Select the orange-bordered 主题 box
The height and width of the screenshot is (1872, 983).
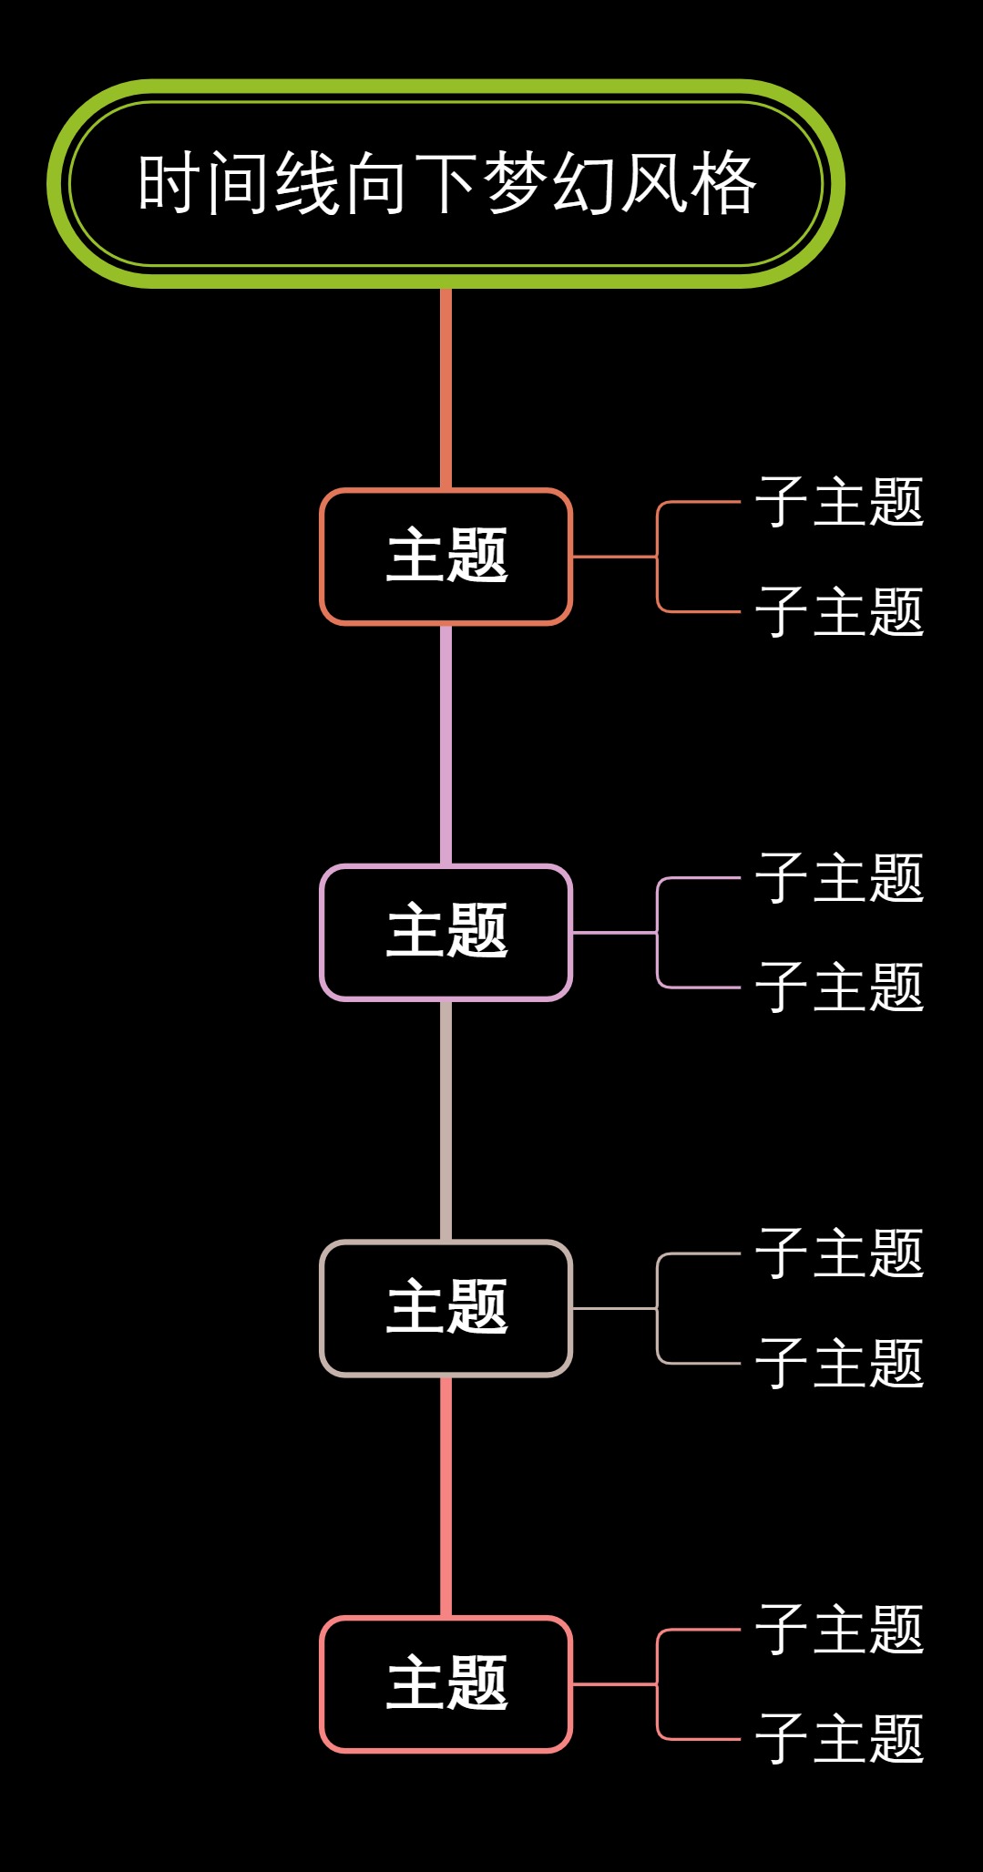click(x=445, y=557)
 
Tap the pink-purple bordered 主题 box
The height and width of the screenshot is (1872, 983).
click(x=445, y=933)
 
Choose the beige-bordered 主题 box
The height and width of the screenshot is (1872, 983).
click(x=445, y=1308)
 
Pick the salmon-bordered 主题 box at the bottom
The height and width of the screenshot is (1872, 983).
click(x=445, y=1684)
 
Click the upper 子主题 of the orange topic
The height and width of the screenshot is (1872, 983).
click(x=839, y=502)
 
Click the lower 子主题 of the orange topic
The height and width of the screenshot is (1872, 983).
click(x=839, y=611)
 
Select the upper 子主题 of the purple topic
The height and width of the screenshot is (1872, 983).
click(x=839, y=878)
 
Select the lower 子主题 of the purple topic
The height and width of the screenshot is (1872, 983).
click(x=839, y=987)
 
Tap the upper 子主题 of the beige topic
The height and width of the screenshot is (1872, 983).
click(x=839, y=1253)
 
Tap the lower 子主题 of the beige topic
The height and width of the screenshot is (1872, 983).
click(x=839, y=1364)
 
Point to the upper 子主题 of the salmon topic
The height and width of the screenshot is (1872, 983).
click(x=839, y=1630)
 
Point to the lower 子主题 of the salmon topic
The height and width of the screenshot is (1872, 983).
click(x=839, y=1739)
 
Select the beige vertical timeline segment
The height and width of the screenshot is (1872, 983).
click(x=445, y=1120)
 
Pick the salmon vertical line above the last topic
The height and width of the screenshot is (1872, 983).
click(x=445, y=1497)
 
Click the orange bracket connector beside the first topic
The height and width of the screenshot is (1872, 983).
click(x=658, y=557)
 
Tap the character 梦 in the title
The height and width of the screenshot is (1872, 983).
click(x=516, y=183)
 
